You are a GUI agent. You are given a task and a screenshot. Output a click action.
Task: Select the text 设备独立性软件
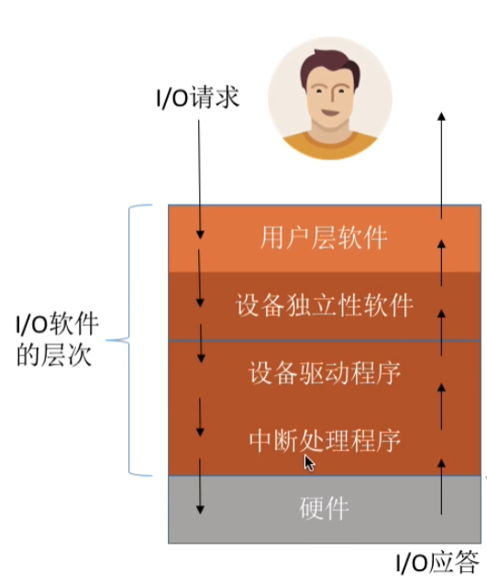click(x=325, y=305)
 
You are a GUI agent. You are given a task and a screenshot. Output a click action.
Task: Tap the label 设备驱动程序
click(x=325, y=373)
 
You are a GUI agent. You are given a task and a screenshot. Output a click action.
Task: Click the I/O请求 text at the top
click(x=196, y=97)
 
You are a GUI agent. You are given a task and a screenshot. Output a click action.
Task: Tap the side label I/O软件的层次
click(x=59, y=338)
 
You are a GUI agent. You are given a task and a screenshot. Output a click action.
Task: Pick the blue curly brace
click(x=133, y=339)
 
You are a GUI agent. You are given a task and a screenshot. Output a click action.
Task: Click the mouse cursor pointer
click(x=310, y=463)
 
